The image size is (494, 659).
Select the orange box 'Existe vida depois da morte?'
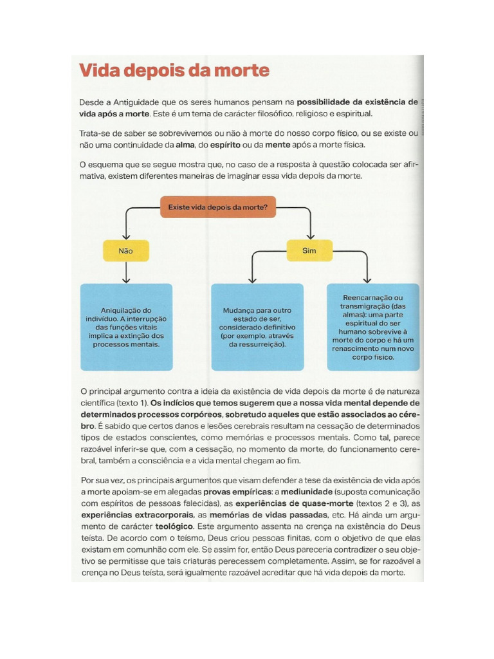pyautogui.click(x=218, y=207)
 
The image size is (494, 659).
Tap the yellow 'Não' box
pyautogui.click(x=126, y=251)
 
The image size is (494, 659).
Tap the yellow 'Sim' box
pyautogui.click(x=309, y=250)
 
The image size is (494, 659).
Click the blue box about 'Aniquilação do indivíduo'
pyautogui.click(x=127, y=327)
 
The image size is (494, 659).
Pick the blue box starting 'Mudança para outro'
pyautogui.click(x=257, y=327)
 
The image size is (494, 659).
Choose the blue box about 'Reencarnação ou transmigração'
pyautogui.click(x=373, y=327)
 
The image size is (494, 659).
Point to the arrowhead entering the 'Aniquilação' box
pyautogui.click(x=126, y=280)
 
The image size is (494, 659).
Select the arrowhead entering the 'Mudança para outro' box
pyautogui.click(x=252, y=280)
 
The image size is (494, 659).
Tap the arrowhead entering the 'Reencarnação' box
pyautogui.click(x=367, y=280)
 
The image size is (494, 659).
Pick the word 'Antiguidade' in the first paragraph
pyautogui.click(x=136, y=102)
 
